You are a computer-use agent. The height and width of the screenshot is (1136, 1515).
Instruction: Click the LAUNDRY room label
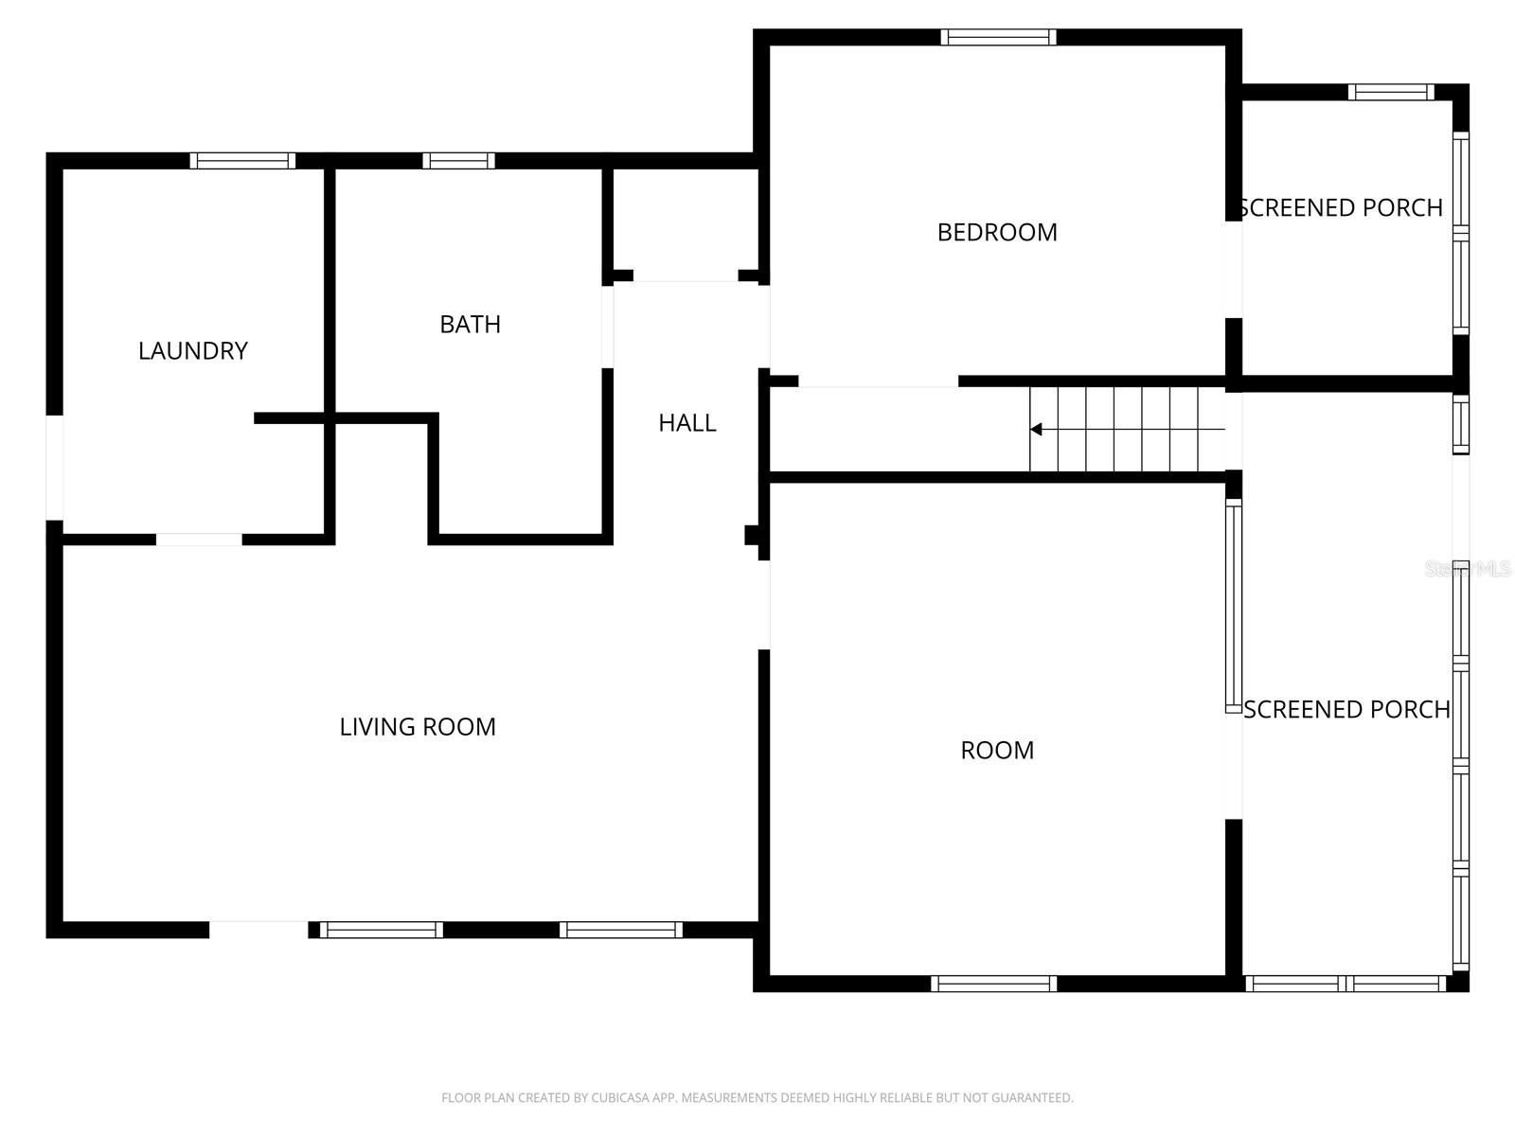click(193, 351)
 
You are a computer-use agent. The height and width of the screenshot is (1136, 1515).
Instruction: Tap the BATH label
click(470, 325)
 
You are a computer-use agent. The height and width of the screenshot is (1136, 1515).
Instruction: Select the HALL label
click(687, 423)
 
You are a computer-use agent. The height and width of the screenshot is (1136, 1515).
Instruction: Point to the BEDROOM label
click(997, 233)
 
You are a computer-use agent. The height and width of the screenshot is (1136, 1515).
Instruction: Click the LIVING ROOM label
click(418, 727)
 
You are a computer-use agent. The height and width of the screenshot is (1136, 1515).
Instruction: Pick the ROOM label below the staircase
click(997, 751)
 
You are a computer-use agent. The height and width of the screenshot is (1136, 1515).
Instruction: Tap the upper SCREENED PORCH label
click(1341, 208)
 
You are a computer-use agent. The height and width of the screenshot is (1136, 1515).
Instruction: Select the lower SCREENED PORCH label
click(1346, 710)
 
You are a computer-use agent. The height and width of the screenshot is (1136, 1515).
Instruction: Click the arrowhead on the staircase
click(1036, 430)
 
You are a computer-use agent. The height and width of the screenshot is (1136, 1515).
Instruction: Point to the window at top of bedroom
click(998, 38)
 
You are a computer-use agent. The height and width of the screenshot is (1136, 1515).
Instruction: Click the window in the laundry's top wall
click(242, 161)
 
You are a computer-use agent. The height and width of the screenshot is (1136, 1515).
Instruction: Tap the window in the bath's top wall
click(458, 161)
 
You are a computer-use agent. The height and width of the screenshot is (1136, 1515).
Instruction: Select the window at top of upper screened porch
click(1391, 92)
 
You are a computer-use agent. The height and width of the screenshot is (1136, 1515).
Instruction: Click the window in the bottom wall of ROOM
click(993, 984)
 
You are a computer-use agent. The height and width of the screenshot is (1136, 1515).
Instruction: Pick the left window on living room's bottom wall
click(381, 930)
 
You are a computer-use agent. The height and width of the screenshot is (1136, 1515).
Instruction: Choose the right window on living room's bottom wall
click(620, 930)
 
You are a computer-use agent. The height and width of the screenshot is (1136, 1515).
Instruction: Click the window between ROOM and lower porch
click(1233, 606)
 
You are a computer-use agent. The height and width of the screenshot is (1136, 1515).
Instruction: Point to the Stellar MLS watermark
click(1468, 569)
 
